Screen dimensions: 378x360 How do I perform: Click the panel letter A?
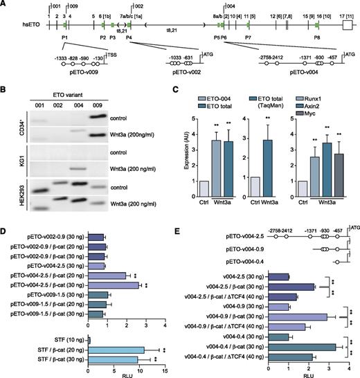[4, 5]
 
